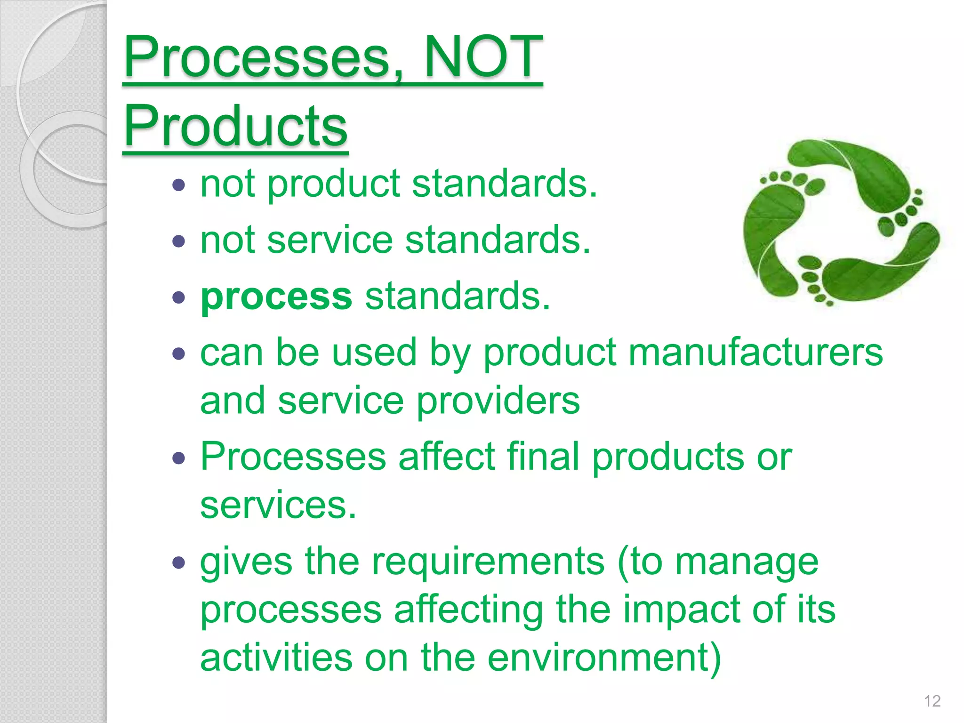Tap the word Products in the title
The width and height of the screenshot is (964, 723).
point(235,126)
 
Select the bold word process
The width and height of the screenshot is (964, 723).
point(276,297)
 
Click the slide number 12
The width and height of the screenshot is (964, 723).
point(932,701)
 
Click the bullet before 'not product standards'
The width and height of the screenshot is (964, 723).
point(179,185)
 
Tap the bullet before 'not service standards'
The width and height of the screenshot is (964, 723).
point(179,241)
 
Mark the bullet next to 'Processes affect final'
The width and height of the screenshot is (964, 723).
point(179,458)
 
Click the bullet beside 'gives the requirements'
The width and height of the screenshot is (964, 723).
point(179,562)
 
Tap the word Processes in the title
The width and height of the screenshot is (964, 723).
point(257,57)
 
